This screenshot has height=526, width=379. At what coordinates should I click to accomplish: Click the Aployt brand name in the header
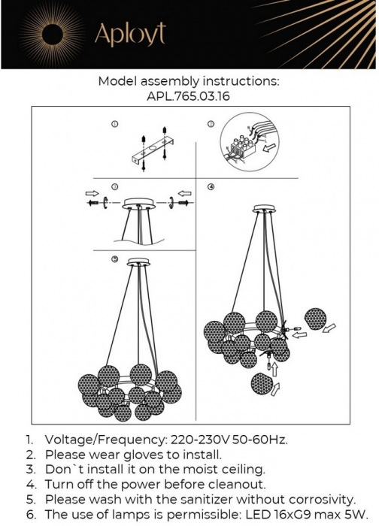click(x=130, y=34)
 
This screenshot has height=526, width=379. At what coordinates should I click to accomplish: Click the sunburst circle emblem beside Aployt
click(x=53, y=34)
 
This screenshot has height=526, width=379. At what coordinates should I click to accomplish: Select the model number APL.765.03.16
click(x=188, y=97)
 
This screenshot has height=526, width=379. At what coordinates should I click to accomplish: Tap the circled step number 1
click(x=115, y=124)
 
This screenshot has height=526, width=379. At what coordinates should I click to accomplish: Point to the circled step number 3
click(x=115, y=187)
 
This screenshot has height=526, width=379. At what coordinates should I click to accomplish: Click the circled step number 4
click(x=211, y=187)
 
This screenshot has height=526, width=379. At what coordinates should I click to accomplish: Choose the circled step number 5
click(x=115, y=259)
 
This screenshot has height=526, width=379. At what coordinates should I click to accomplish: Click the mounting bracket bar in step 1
click(x=153, y=150)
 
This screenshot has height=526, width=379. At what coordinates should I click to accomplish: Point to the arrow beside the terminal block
click(x=270, y=147)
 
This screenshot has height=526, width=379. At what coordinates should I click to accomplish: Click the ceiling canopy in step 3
click(x=139, y=204)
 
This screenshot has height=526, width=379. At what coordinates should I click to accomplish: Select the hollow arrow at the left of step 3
click(x=92, y=193)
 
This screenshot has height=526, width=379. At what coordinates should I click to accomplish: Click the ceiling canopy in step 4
click(x=265, y=209)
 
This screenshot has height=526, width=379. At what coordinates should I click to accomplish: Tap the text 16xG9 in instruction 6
click(x=287, y=515)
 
